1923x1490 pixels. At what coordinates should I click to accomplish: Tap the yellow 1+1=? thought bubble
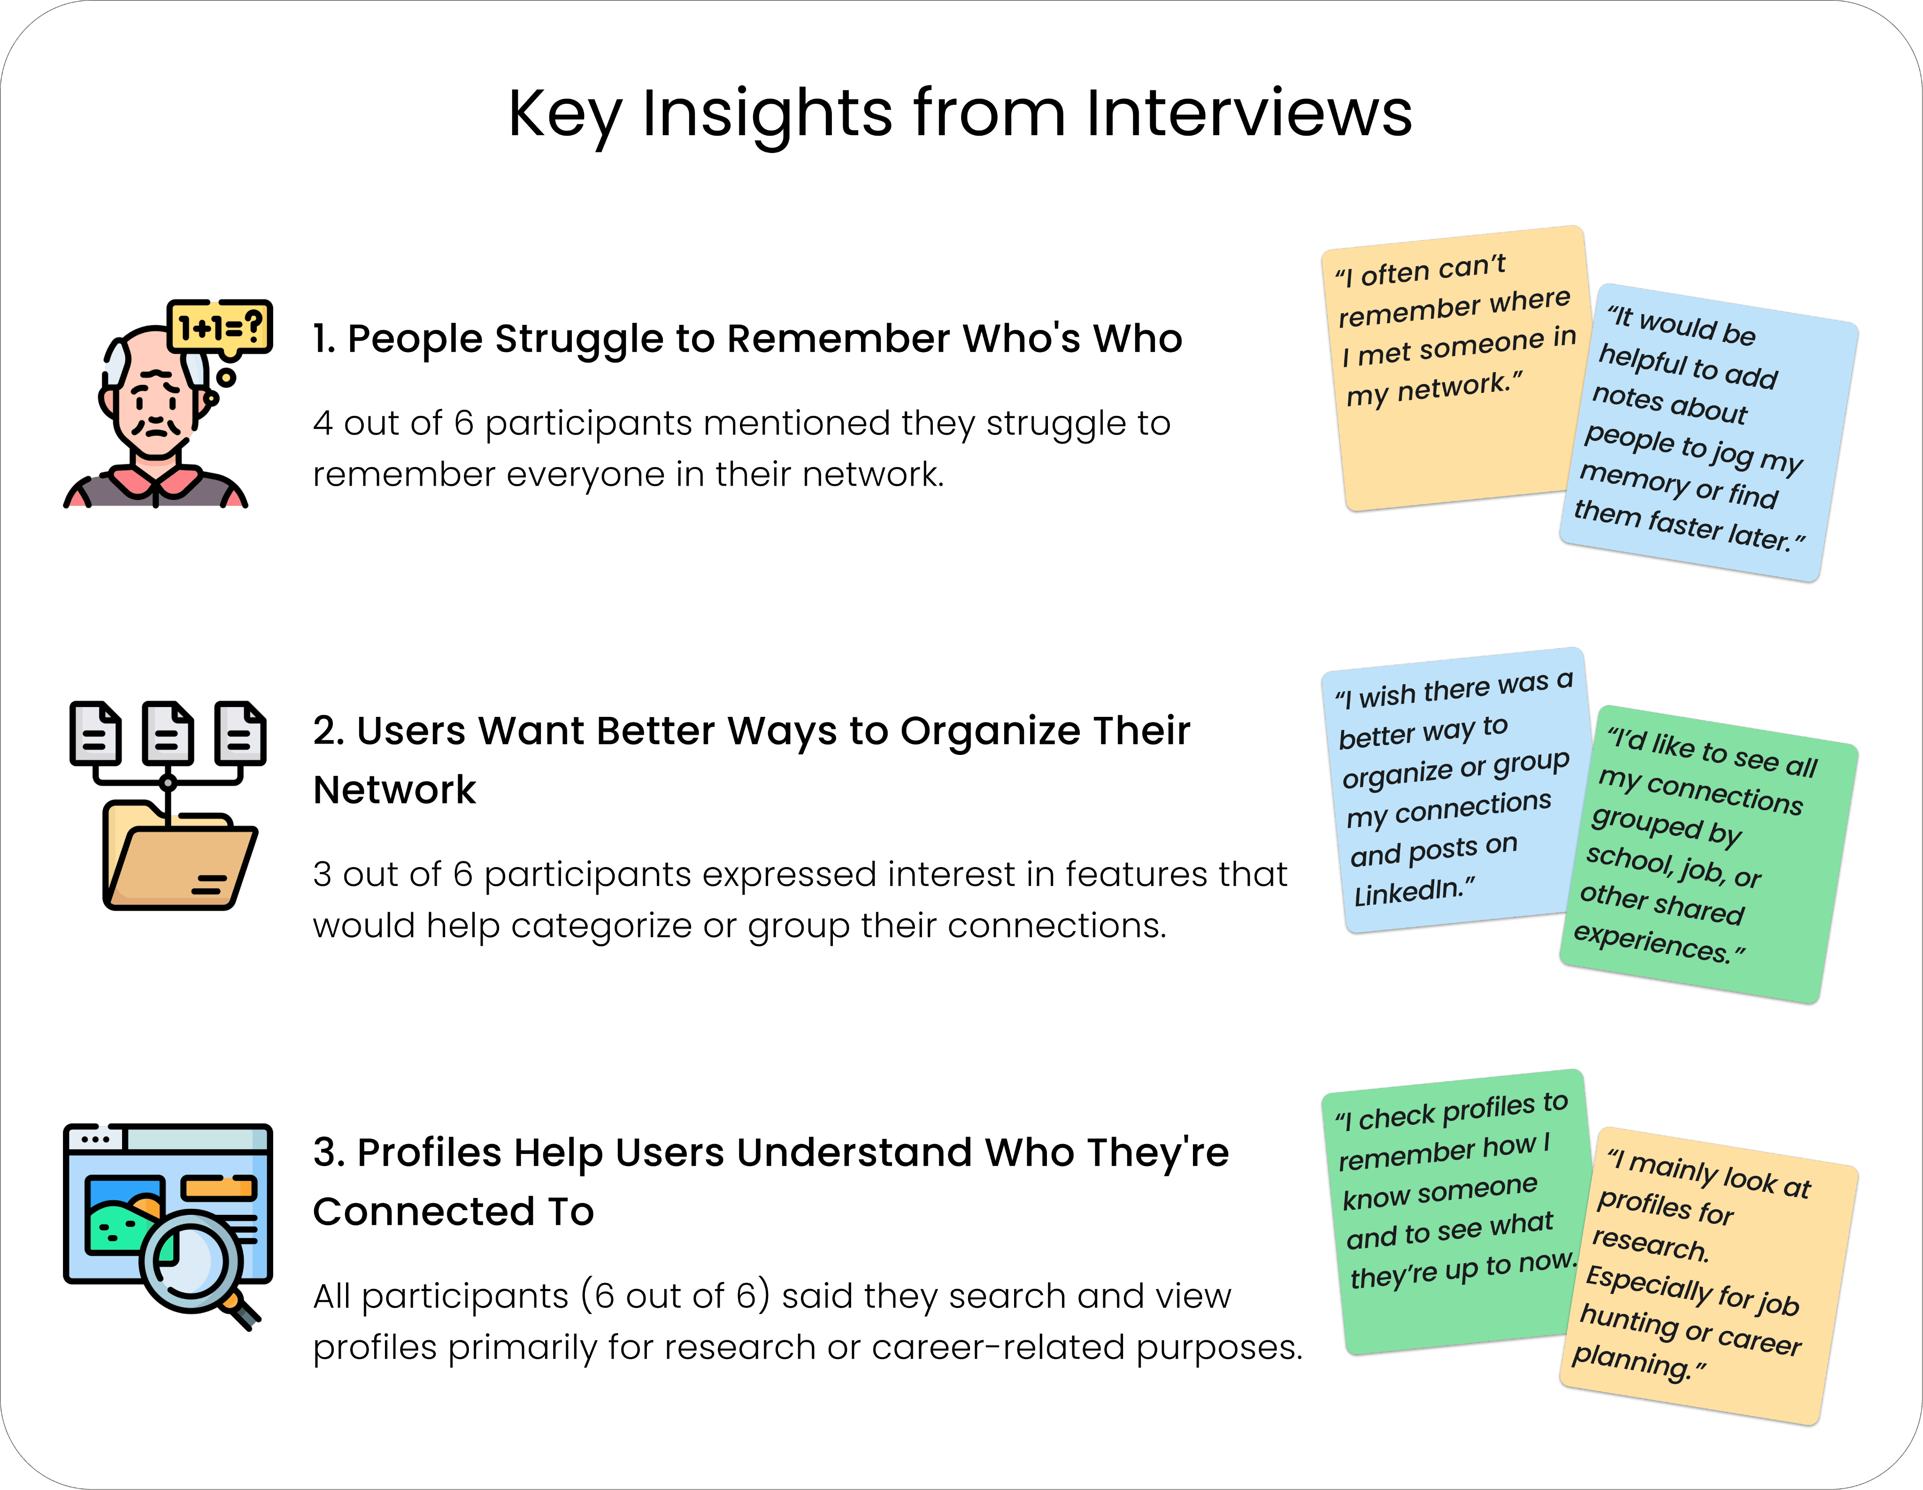pos(220,328)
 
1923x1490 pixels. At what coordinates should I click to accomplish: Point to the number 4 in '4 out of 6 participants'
pos(322,423)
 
